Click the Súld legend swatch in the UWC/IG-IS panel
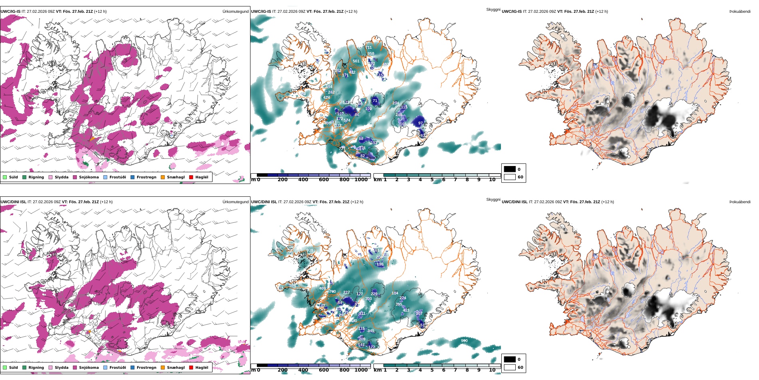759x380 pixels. [5, 177]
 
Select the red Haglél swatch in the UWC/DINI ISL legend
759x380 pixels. [191, 368]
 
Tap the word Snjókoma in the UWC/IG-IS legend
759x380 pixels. [89, 177]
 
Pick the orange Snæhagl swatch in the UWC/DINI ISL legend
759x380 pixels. [163, 368]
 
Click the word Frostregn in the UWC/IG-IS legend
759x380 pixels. [146, 177]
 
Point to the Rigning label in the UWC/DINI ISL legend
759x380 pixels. [36, 368]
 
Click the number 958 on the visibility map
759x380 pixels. [371, 54]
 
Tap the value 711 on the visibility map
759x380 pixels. [369, 48]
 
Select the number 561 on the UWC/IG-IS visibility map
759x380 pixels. [356, 61]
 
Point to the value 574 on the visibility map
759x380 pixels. [347, 120]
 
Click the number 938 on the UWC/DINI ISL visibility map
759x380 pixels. [310, 251]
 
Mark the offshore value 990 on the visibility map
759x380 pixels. [464, 341]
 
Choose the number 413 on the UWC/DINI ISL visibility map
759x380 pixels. [406, 310]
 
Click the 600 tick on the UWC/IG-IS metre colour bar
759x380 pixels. [324, 180]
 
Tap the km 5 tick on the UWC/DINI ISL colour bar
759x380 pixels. [432, 370]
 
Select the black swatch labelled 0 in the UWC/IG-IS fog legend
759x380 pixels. [510, 169]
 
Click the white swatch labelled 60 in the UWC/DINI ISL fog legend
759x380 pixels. [510, 367]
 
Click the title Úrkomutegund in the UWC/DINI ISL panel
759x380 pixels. [235, 202]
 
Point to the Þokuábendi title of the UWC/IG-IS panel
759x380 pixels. [740, 12]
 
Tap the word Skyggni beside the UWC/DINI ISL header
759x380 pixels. [493, 200]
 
